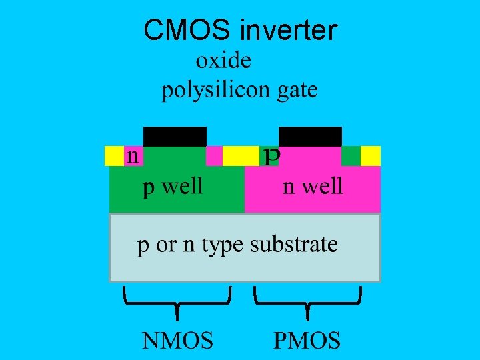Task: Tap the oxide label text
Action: [x=223, y=61]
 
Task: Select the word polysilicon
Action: [x=213, y=90]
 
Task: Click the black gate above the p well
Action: [x=175, y=136]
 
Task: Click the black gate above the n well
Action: [x=310, y=136]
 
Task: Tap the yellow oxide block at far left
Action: [x=115, y=155]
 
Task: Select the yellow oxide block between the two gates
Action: [x=240, y=155]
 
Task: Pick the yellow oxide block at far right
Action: [x=370, y=155]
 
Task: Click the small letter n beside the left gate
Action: [x=133, y=156]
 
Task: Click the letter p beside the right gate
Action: [x=271, y=156]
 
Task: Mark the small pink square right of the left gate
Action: [x=214, y=155]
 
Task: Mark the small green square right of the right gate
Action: [x=351, y=155]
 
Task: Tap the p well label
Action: [x=173, y=186]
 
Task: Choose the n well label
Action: [x=313, y=186]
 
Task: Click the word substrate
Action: [x=294, y=244]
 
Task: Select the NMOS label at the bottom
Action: [x=177, y=341]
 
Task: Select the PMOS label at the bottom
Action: [x=307, y=341]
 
